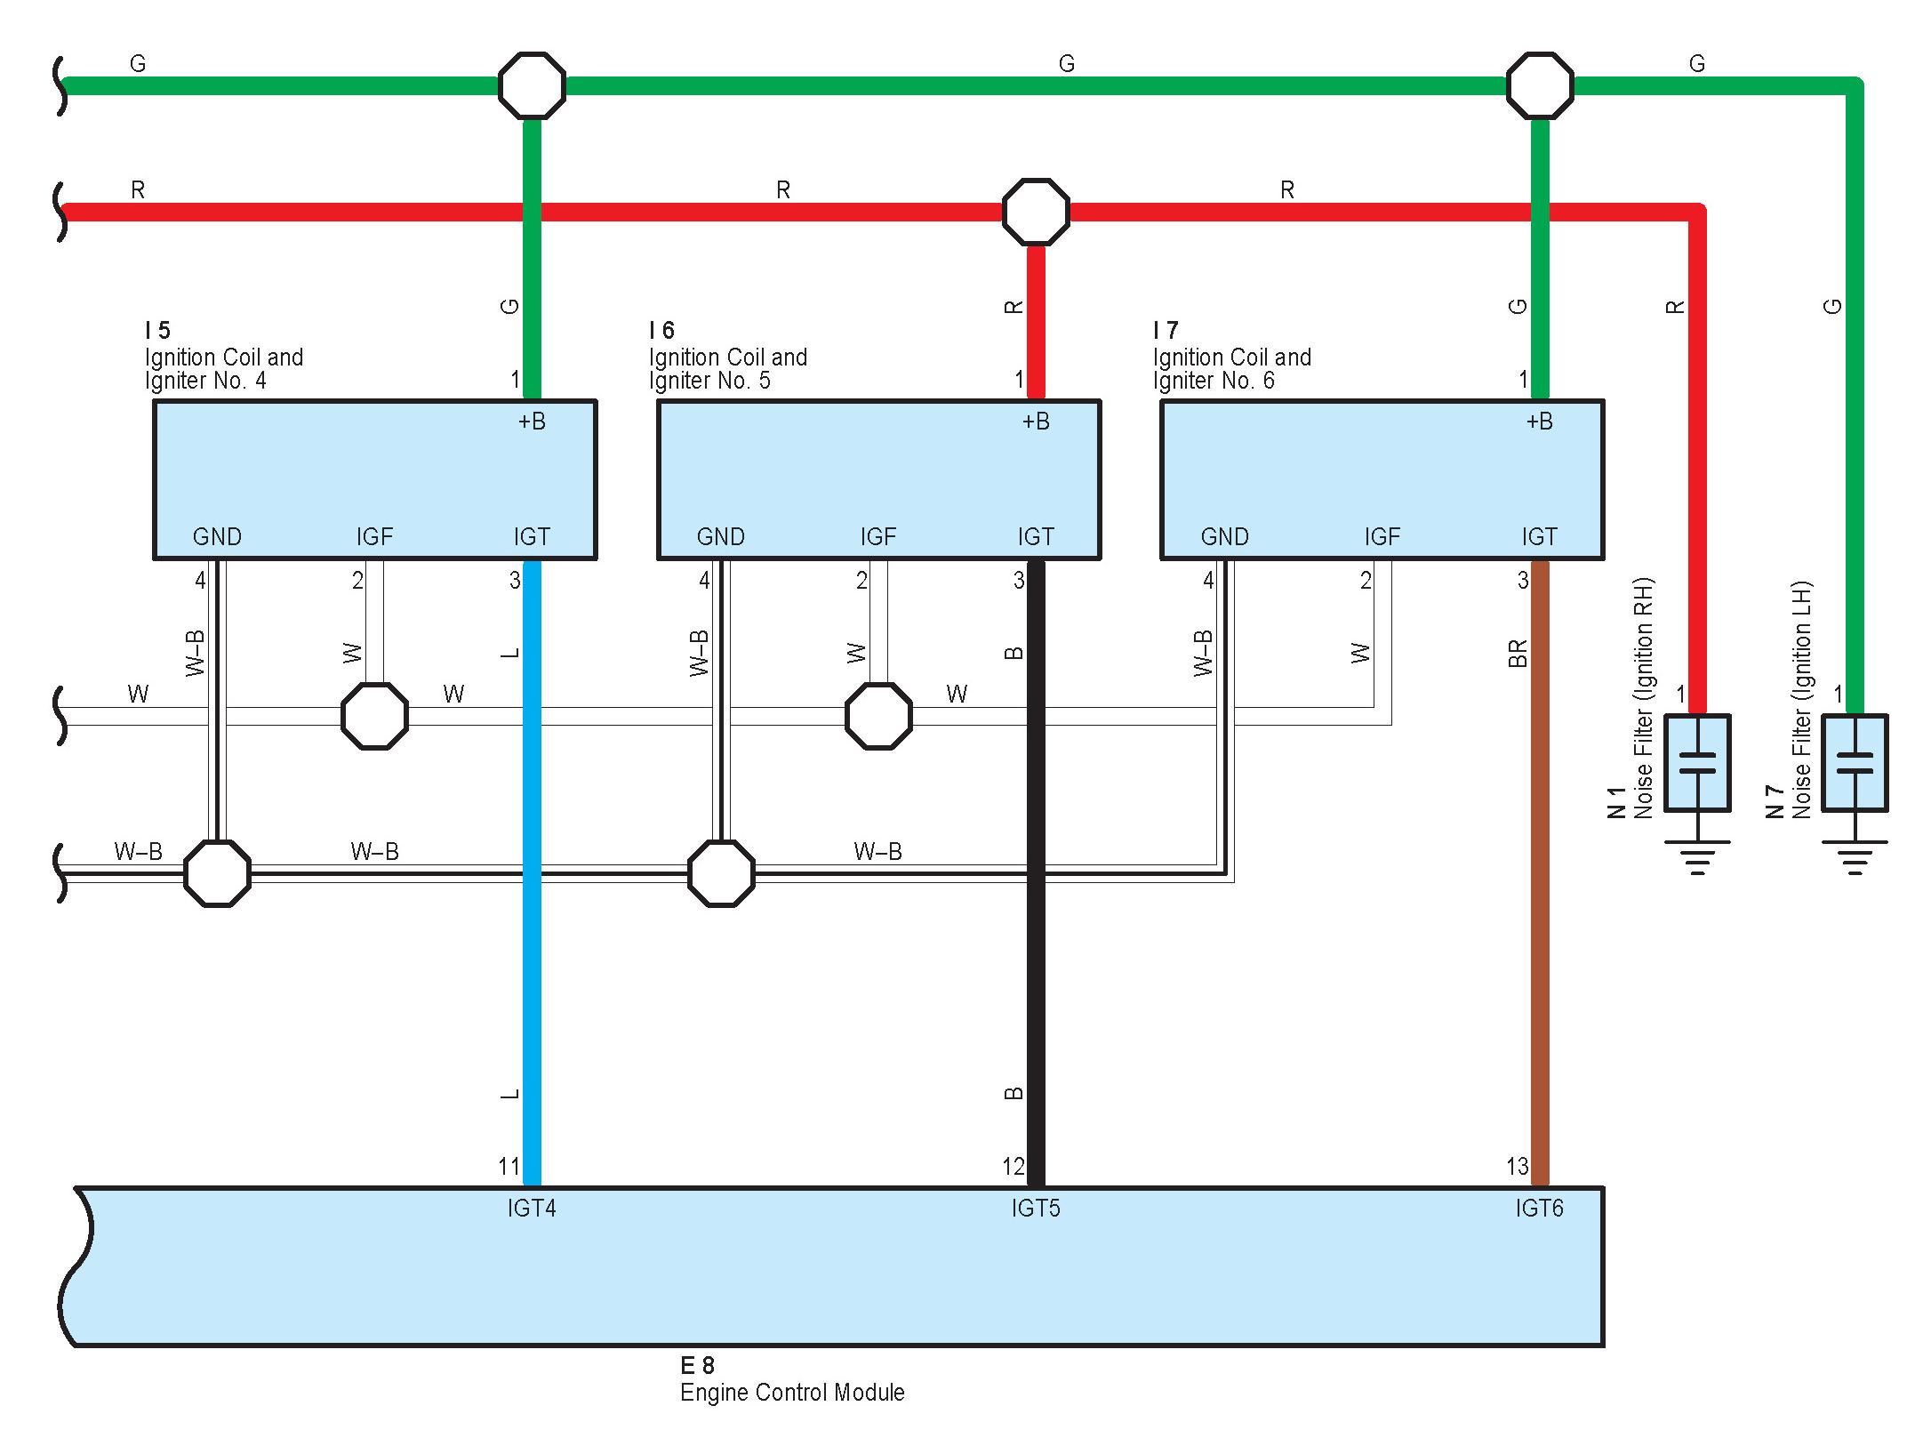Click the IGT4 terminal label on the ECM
click(x=532, y=1208)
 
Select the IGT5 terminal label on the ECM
click(x=1036, y=1208)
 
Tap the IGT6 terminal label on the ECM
click(x=1539, y=1208)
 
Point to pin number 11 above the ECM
click(x=509, y=1166)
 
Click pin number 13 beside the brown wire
click(x=1517, y=1166)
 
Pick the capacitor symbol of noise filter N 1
click(x=1697, y=763)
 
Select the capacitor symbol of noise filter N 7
click(x=1855, y=763)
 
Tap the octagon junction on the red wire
click(x=1036, y=213)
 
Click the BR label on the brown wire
click(x=1518, y=654)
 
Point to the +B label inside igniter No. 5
click(x=1036, y=422)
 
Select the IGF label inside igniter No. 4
click(x=374, y=536)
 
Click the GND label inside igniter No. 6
click(x=1224, y=536)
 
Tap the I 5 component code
click(x=157, y=331)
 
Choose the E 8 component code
click(x=697, y=1365)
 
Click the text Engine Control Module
click(x=792, y=1393)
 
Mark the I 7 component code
click(x=1166, y=331)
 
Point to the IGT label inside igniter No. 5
click(x=1036, y=536)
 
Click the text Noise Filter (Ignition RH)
click(x=1643, y=698)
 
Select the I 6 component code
click(x=661, y=331)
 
